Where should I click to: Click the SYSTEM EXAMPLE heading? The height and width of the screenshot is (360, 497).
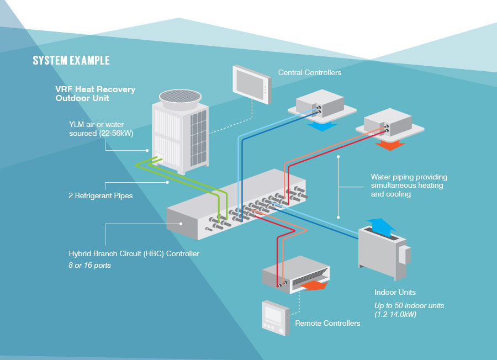click(71, 60)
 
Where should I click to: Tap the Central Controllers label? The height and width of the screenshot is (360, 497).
click(309, 72)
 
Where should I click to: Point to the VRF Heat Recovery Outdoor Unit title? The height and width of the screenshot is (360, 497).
click(95, 93)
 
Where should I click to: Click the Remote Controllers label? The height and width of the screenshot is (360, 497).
click(327, 323)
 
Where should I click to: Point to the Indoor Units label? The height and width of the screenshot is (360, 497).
click(395, 292)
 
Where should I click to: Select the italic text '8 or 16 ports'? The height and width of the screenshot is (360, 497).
click(89, 265)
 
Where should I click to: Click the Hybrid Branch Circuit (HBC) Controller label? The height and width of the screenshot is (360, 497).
click(134, 254)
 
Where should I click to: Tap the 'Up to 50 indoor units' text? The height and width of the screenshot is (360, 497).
click(409, 305)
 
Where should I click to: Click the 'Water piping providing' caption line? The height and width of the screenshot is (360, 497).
click(409, 177)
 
